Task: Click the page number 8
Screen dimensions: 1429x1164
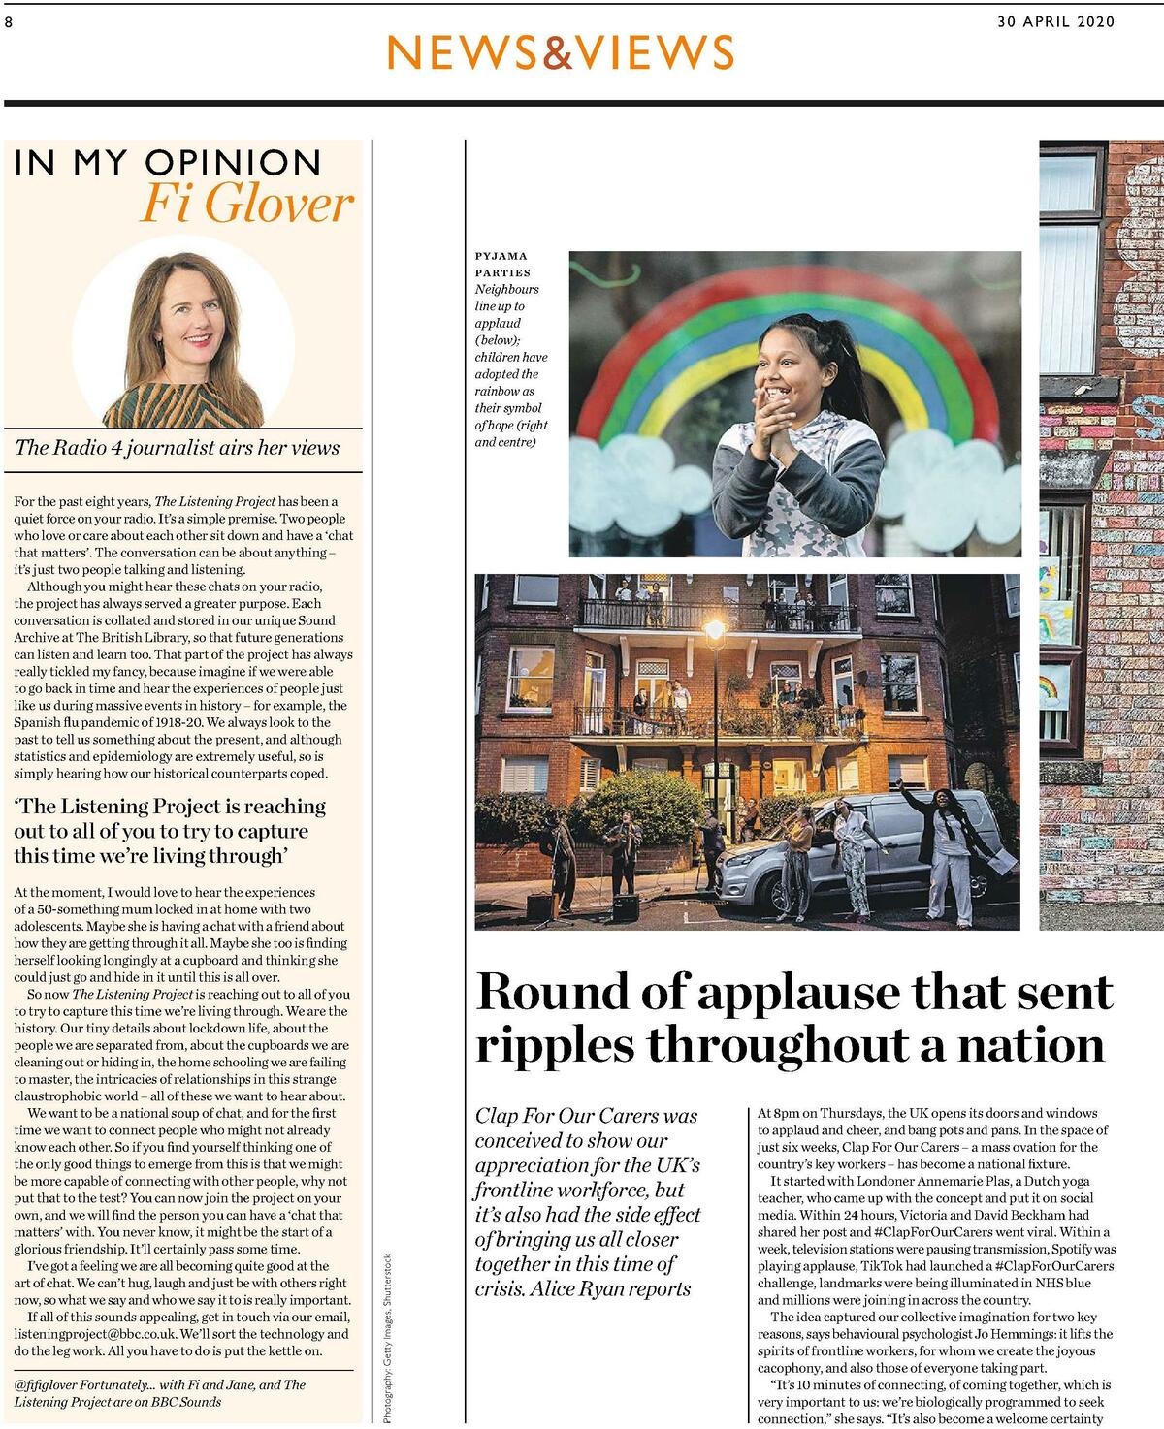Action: coord(8,22)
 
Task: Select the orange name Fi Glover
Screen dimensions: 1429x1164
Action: coord(246,204)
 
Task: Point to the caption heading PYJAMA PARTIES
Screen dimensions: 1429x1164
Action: coord(501,264)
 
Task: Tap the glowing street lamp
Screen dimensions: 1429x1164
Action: coord(715,632)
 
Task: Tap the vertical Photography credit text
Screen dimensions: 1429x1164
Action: coord(388,1338)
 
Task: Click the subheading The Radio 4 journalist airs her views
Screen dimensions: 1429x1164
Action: coord(178,448)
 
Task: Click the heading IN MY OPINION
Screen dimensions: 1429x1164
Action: coord(167,163)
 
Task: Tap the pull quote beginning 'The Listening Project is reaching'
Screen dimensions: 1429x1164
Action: coord(170,831)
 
